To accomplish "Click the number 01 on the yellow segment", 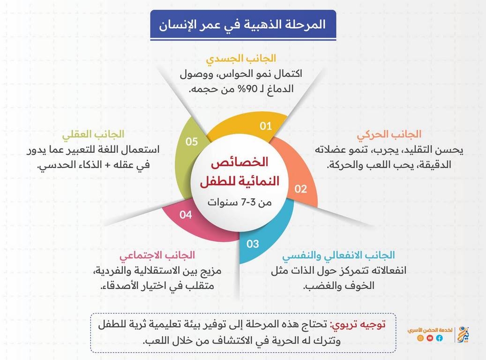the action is click(x=266, y=126).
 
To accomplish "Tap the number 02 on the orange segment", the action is click(x=301, y=189).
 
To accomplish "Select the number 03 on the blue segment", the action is click(x=253, y=244).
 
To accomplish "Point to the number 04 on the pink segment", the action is click(x=186, y=215).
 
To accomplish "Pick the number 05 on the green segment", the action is click(x=192, y=142).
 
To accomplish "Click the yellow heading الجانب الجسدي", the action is click(x=241, y=58).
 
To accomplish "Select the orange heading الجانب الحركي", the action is click(x=389, y=134).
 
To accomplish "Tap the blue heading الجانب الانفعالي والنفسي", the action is click(x=338, y=255).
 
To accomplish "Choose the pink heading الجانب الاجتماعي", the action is click(x=157, y=255).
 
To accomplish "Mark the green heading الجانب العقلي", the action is click(x=93, y=134).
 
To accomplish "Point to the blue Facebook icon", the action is click(x=440, y=338).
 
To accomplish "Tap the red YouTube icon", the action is click(x=430, y=338).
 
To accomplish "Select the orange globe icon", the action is click(x=420, y=338).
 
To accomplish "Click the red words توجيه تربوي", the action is click(x=358, y=325).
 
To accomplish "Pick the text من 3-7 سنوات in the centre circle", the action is click(x=239, y=202).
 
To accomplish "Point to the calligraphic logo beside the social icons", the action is click(x=463, y=335).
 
